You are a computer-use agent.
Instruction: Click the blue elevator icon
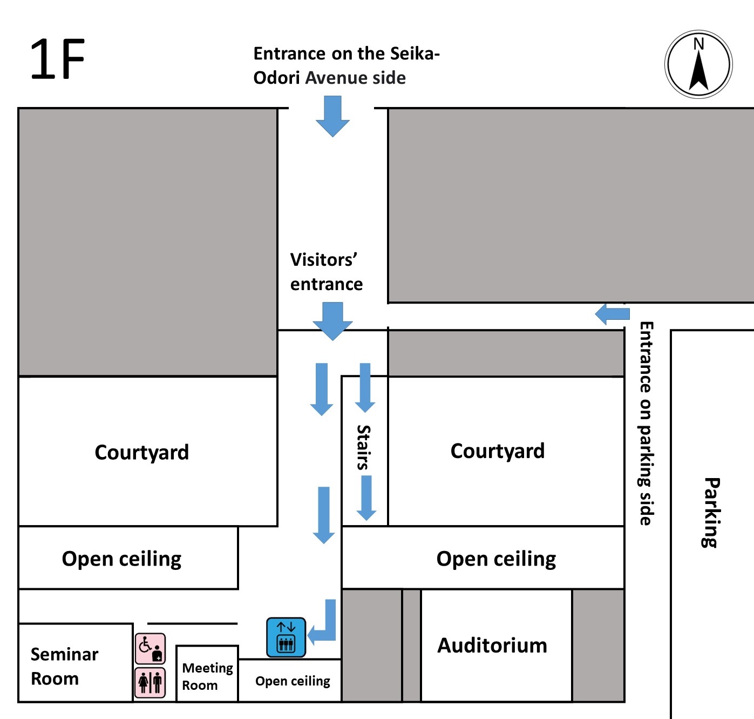pos(286,637)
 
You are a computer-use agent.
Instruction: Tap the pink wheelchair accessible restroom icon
pos(150,648)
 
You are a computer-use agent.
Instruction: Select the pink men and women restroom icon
pos(150,682)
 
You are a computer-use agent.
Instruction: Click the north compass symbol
pos(698,64)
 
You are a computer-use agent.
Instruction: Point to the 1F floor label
pos(57,59)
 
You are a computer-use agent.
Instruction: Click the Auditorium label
pos(492,646)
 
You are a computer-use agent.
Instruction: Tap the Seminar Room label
pos(64,666)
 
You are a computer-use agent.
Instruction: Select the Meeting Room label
pos(207,676)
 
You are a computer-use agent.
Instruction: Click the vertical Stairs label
pos(364,447)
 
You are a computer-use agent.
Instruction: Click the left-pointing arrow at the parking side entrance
pos(612,314)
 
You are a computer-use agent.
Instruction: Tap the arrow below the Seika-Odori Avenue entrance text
pos(332,116)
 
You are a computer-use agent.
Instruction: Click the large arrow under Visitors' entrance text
pos(332,321)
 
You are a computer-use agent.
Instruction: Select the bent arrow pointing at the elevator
pos(324,624)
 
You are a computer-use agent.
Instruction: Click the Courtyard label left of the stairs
pos(142,452)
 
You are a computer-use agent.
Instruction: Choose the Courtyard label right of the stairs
pos(498,451)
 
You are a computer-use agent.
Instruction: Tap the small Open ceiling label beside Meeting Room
pos(293,681)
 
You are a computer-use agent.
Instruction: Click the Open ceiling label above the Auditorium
pos(496,559)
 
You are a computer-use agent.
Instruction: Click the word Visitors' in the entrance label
pos(323,260)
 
